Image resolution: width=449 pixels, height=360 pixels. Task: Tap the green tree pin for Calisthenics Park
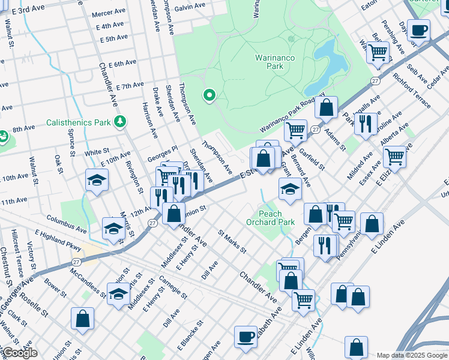(121, 122)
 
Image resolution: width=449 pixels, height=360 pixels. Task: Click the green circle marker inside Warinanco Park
(209, 95)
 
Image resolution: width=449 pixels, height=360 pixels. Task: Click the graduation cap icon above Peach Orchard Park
(289, 189)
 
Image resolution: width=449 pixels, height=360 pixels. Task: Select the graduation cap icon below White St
(96, 181)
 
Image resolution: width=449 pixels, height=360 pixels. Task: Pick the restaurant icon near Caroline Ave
(365, 124)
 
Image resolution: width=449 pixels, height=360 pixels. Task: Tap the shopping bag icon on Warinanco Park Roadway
(327, 108)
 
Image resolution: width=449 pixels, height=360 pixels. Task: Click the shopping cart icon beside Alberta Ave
(394, 157)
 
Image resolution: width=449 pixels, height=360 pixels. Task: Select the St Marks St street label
(232, 242)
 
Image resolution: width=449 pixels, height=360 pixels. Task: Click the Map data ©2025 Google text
(412, 355)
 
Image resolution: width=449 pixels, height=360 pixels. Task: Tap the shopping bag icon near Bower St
(82, 319)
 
